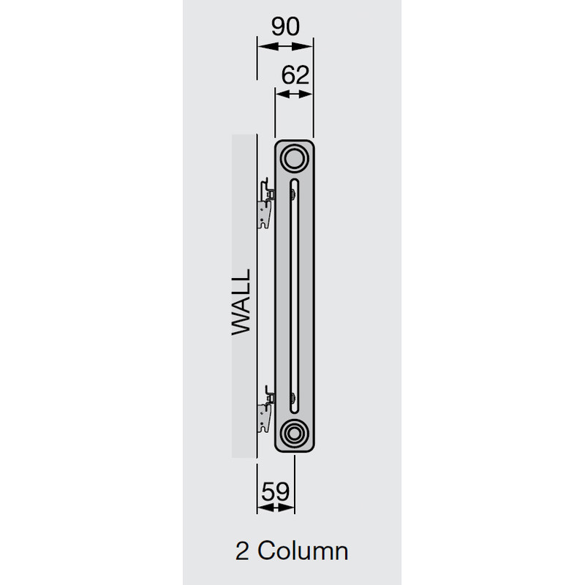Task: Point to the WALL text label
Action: (242, 301)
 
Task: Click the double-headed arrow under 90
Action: (284, 46)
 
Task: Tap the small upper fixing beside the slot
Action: (293, 193)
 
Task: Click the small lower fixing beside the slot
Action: (293, 399)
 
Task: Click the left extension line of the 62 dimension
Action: (275, 110)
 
